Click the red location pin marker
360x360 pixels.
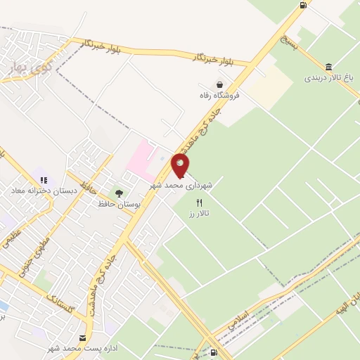coord(180,165)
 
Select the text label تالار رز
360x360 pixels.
coord(200,212)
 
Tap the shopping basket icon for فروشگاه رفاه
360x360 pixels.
coord(220,84)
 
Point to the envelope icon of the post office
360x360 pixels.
coord(84,338)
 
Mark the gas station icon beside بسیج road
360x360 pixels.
coord(303,6)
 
